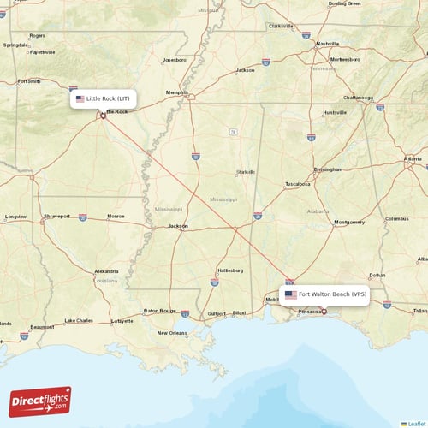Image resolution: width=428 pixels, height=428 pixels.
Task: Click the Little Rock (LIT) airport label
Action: pyautogui.click(x=103, y=98)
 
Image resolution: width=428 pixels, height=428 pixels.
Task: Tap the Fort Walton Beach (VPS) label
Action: pyautogui.click(x=325, y=294)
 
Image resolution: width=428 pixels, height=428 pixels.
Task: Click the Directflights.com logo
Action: pyautogui.click(x=40, y=401)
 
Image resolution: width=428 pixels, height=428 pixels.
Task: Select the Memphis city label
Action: pyautogui.click(x=177, y=92)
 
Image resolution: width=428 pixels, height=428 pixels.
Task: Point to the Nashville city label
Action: pyautogui.click(x=327, y=43)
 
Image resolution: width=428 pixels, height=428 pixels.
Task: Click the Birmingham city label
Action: pyautogui.click(x=328, y=169)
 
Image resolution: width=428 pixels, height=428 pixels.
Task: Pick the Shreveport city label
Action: pyautogui.click(x=56, y=217)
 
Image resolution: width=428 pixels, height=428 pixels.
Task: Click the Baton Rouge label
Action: pyautogui.click(x=159, y=311)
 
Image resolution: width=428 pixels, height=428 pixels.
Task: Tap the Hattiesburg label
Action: pyautogui.click(x=231, y=270)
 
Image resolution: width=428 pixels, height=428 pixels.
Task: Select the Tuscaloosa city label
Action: pyautogui.click(x=297, y=184)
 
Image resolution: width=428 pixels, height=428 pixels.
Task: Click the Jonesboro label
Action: pyautogui.click(x=175, y=60)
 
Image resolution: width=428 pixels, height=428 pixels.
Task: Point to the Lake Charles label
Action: pyautogui.click(x=80, y=321)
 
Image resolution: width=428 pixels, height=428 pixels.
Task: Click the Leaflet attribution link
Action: pyautogui.click(x=417, y=423)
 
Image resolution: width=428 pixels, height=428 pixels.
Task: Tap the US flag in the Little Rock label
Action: pyautogui.click(x=80, y=98)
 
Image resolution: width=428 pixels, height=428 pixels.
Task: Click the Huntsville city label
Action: pyautogui.click(x=335, y=112)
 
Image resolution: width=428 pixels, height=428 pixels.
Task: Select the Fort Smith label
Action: pyautogui.click(x=28, y=81)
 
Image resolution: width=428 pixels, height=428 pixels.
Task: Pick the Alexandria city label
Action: pyautogui.click(x=106, y=270)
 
